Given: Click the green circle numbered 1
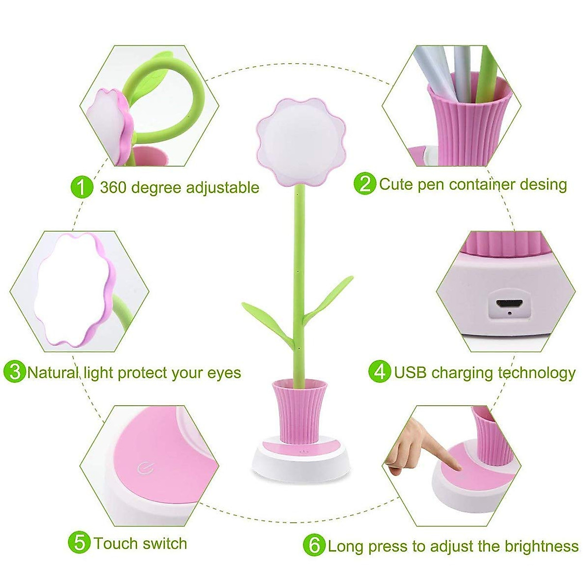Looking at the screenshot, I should pos(82,187).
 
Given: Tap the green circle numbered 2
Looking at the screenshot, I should pos(365,184).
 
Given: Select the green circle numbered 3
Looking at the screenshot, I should pos(14,372).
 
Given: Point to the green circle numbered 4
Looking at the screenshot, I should pos(380,372).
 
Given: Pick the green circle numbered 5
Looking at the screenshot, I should pos(79,543).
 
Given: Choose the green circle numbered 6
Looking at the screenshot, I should pos(313,545).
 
